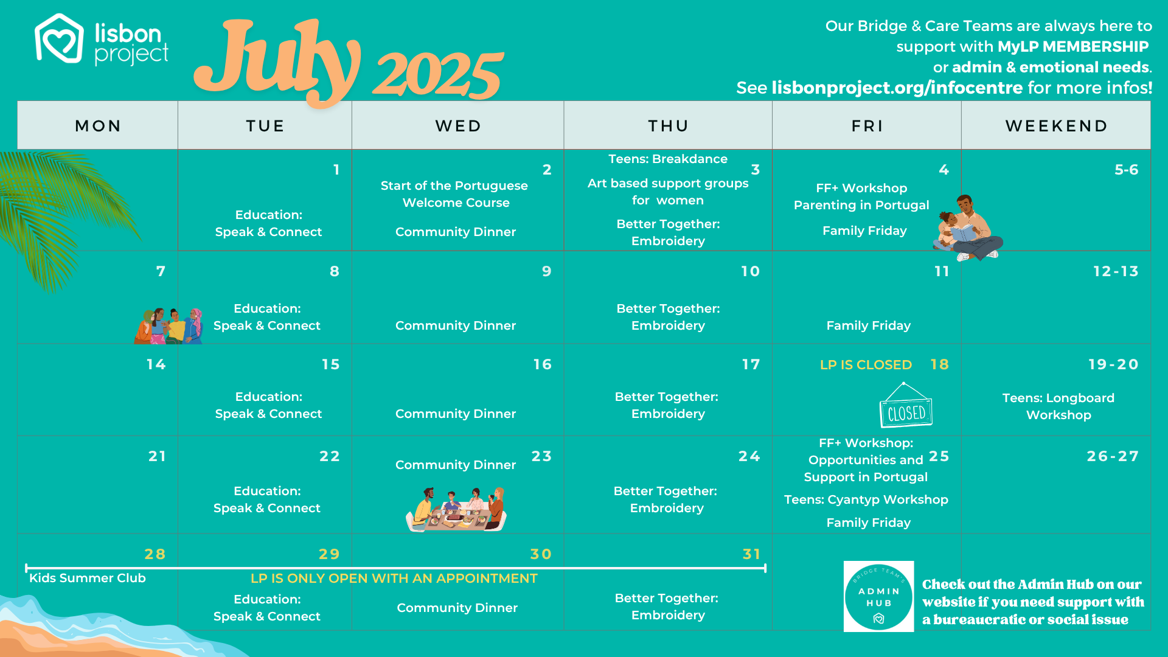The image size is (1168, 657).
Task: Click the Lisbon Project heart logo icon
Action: pos(59,39)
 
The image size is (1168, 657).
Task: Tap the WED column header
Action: pos(458,126)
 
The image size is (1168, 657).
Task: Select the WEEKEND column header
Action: pos(1057,126)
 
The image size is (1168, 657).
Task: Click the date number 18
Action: pos(939,364)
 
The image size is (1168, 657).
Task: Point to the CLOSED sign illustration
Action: pos(906,405)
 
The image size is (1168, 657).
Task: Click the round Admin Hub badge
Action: pos(878,596)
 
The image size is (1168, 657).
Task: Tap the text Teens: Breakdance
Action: pos(668,159)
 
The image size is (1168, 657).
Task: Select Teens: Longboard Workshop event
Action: pos(1058,406)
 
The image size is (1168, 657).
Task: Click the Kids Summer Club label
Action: pos(88,578)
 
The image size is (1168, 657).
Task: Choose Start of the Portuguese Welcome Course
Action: pos(455,194)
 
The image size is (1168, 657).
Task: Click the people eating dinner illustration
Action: pos(456,510)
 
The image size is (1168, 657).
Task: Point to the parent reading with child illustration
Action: pos(968,228)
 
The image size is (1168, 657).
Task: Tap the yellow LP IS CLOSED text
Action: pos(866,365)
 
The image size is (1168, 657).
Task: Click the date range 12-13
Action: pos(1116,271)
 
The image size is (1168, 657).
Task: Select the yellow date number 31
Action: pos(752,554)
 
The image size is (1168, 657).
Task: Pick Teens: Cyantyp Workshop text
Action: pos(866,499)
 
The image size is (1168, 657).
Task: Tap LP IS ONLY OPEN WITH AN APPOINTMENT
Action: pos(394,579)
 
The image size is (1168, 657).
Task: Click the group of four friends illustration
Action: pos(169,326)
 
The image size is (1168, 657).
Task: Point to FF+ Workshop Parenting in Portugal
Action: pos(861,196)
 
